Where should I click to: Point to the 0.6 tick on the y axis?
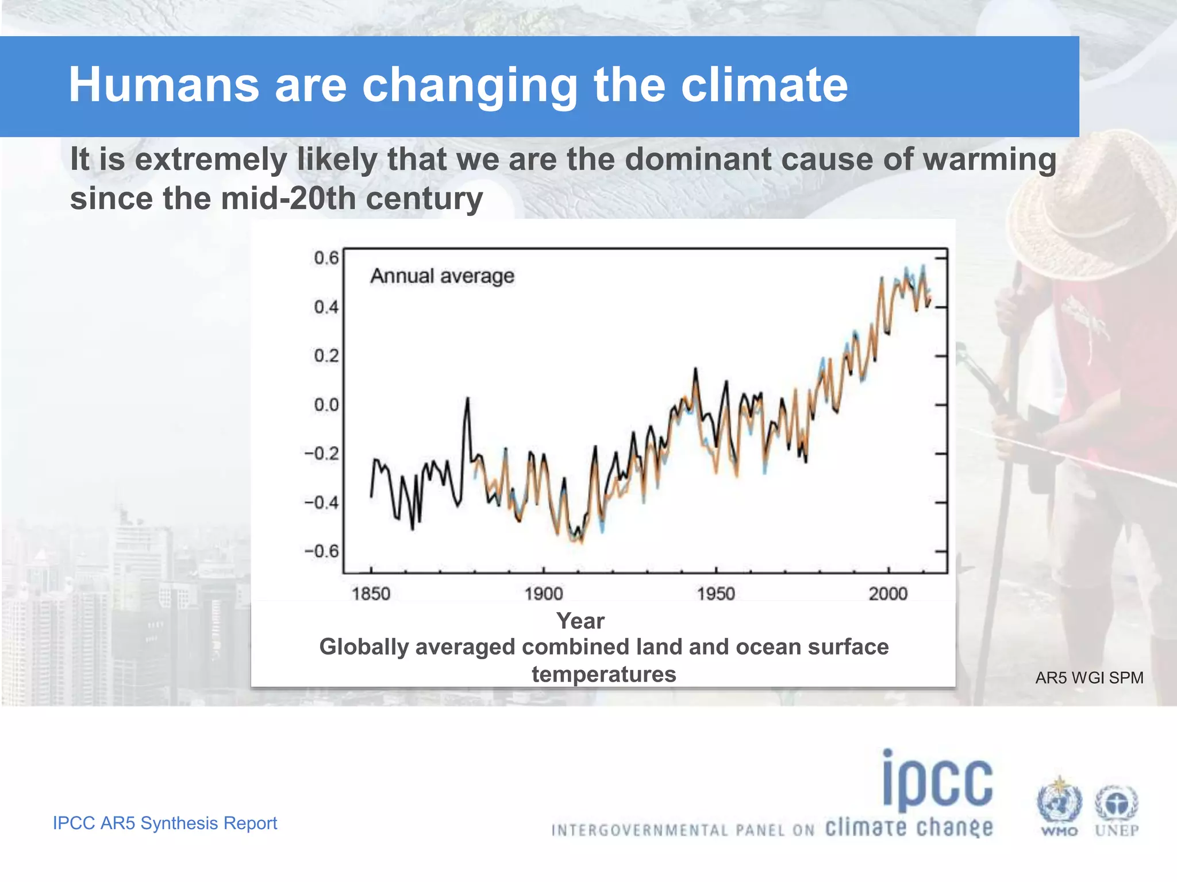(x=326, y=258)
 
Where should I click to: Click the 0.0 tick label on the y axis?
(x=326, y=405)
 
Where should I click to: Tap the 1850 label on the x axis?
(x=371, y=593)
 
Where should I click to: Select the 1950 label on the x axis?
(x=716, y=593)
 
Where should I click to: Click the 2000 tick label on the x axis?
(x=888, y=593)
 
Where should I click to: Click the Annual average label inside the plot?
(x=442, y=276)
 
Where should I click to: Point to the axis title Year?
(x=580, y=621)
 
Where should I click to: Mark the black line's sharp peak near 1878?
(x=467, y=399)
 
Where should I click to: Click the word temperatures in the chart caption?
(x=603, y=674)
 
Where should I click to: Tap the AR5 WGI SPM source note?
(x=1089, y=678)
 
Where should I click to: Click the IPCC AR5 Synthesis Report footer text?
(x=165, y=823)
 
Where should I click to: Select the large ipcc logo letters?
(x=938, y=781)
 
